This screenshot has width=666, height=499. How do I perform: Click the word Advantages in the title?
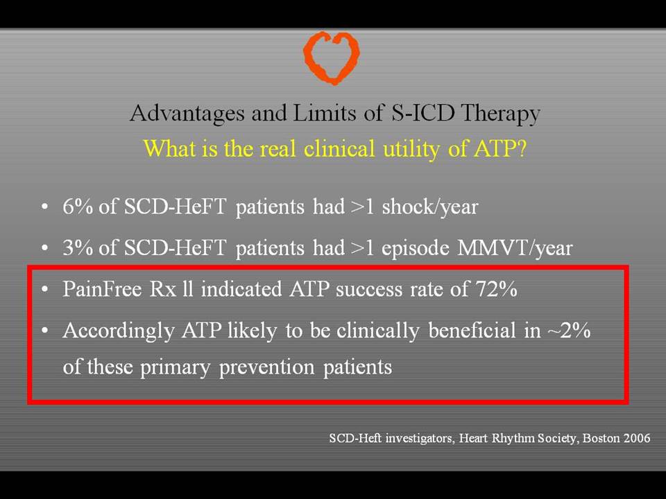(187, 114)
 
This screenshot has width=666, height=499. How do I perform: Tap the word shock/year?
(430, 207)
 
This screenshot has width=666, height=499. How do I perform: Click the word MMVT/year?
(515, 248)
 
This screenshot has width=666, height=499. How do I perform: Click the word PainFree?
(103, 289)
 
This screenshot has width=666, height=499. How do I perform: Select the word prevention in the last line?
(266, 367)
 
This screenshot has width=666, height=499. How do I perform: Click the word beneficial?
(472, 330)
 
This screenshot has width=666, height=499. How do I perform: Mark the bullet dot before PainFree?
(45, 290)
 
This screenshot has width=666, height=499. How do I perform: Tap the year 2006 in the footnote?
(636, 438)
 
